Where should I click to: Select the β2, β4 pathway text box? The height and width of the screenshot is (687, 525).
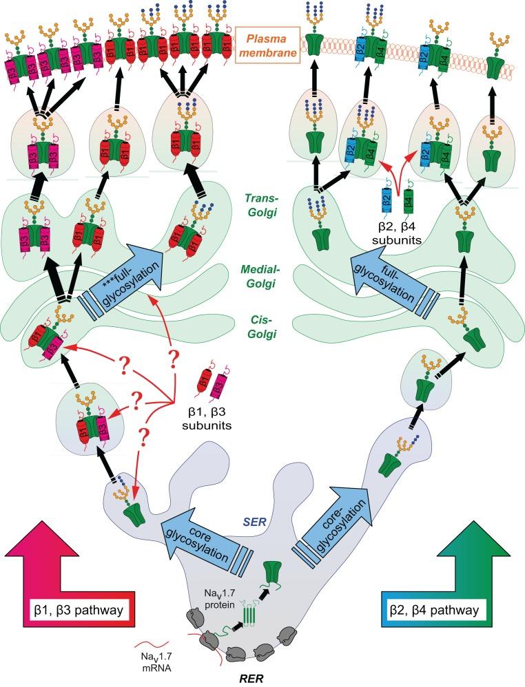434,611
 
